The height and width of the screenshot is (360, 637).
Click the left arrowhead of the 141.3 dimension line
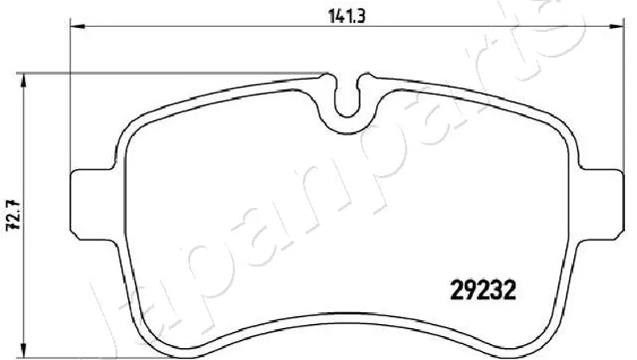tap(77, 27)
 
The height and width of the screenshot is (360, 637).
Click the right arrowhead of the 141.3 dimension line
tap(616, 27)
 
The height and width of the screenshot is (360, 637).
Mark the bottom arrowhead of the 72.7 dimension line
tap(25, 351)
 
